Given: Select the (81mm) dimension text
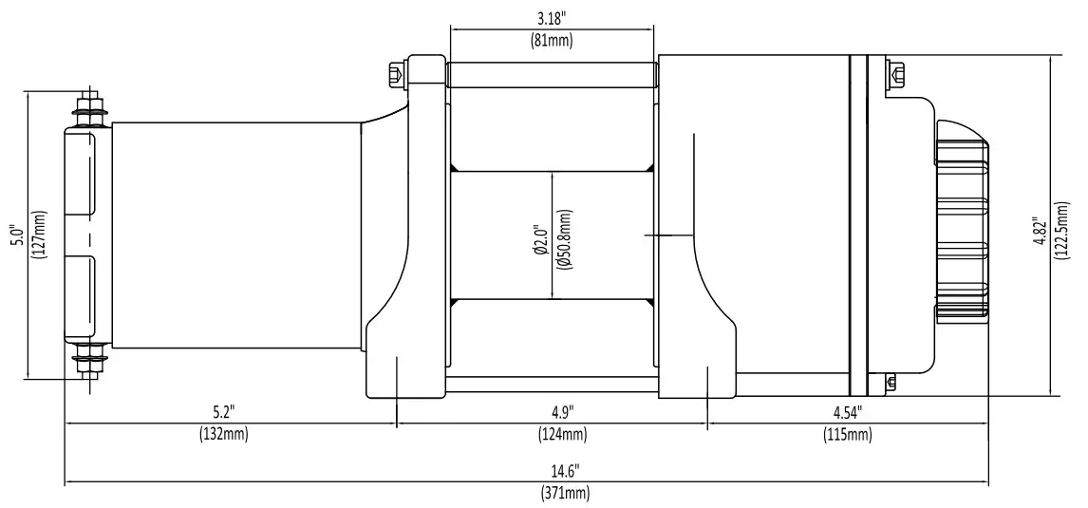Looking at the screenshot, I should pos(552,40).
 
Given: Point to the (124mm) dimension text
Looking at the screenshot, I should pos(562,435).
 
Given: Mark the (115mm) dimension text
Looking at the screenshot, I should pos(848,435).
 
